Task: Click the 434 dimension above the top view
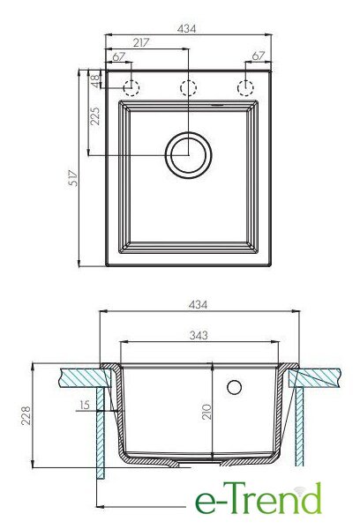point(186,29)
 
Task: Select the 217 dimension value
point(141,43)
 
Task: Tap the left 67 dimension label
point(119,56)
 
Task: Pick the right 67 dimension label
point(258,56)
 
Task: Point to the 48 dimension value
point(96,81)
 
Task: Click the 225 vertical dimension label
point(95,116)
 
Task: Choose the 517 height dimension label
point(73,178)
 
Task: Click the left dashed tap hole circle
point(131,88)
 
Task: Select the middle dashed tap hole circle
point(189,88)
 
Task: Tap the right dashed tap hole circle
point(245,88)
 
